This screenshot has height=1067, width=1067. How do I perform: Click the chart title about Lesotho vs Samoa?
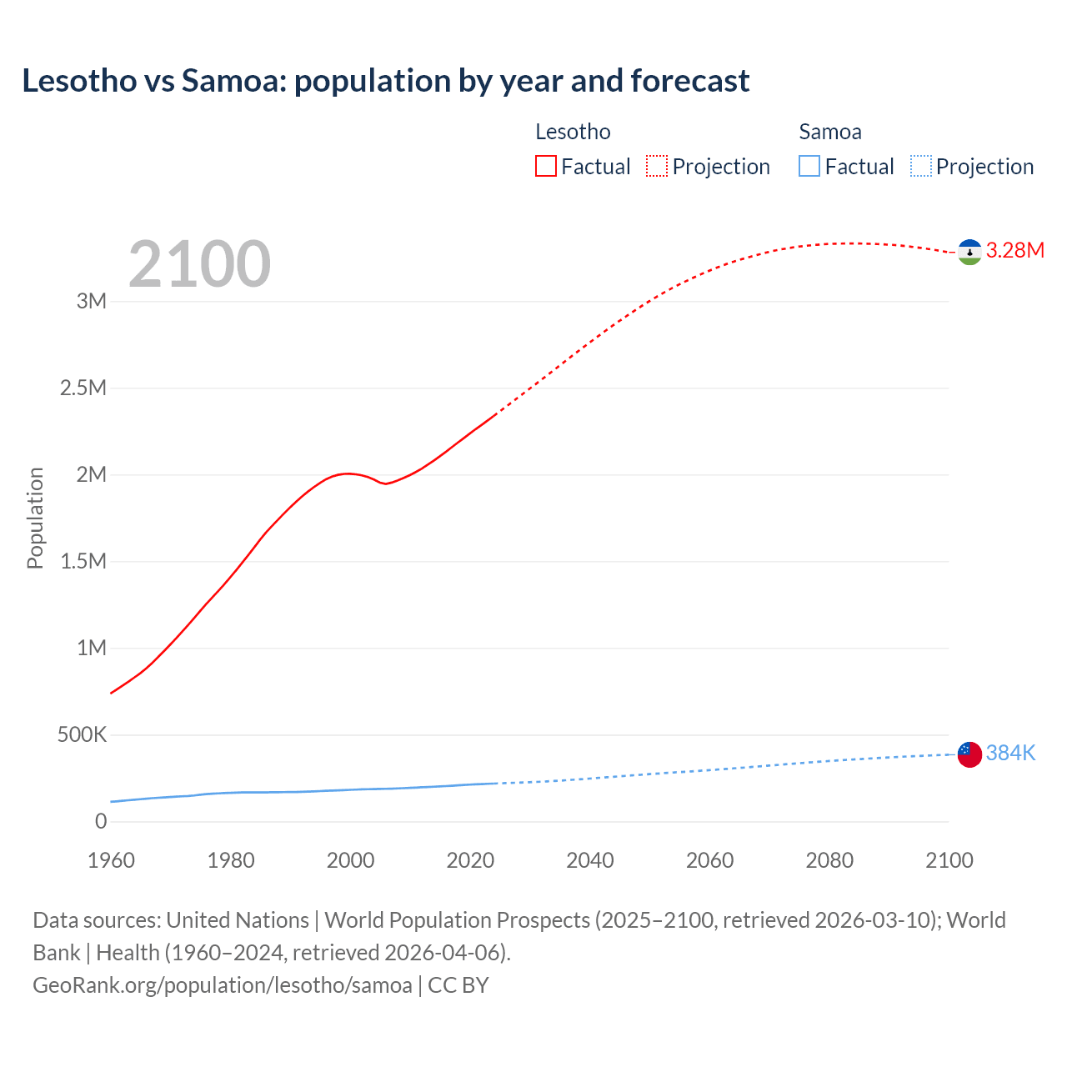pos(385,81)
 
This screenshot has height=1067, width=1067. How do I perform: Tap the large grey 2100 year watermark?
pos(199,264)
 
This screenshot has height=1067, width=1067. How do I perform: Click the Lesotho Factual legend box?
pos(545,166)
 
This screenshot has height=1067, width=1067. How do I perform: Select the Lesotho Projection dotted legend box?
pos(657,166)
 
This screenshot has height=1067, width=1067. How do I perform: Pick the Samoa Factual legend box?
pos(809,166)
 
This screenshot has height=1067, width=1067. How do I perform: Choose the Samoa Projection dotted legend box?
pos(920,166)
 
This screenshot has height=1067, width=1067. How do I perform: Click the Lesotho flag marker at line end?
pos(969,251)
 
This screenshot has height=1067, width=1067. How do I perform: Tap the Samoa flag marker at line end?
pos(969,754)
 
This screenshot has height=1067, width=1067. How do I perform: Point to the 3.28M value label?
pos(1014,251)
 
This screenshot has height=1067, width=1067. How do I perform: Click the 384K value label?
pos(1010,754)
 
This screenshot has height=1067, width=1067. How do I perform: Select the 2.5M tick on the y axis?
pos(83,388)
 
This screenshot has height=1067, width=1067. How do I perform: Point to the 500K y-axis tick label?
pos(82,735)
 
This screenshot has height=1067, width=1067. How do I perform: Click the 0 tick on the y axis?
pos(101,822)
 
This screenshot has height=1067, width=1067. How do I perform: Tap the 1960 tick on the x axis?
pos(111,860)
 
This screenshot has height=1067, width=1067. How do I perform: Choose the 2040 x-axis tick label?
pos(590,860)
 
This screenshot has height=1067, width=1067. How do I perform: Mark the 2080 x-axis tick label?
pos(829,860)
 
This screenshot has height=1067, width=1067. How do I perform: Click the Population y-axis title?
pos(35,518)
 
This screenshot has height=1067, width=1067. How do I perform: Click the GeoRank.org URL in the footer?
pos(222,985)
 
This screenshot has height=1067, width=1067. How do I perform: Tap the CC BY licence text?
pos(458,985)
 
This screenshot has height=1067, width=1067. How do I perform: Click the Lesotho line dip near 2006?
pos(385,483)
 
